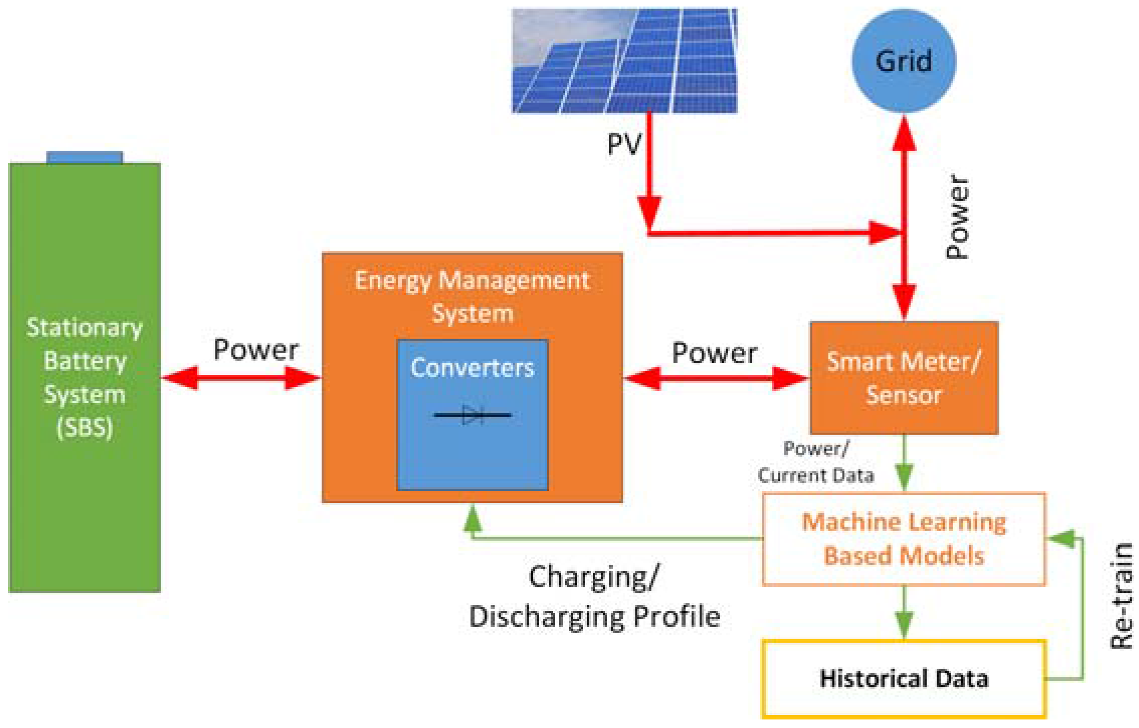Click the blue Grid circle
[903, 60]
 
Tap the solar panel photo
[624, 60]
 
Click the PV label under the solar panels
[624, 144]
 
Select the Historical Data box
[903, 678]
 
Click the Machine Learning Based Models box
[903, 539]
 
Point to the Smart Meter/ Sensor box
[903, 378]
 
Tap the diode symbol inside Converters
[472, 415]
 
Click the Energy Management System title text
[472, 296]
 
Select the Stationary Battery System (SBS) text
[84, 378]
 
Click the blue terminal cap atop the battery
[84, 157]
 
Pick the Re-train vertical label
[1121, 595]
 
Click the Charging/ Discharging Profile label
[594, 596]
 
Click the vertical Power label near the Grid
[957, 217]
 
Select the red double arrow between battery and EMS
[241, 378]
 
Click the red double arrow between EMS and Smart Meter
[716, 378]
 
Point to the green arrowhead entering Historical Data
[904, 626]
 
